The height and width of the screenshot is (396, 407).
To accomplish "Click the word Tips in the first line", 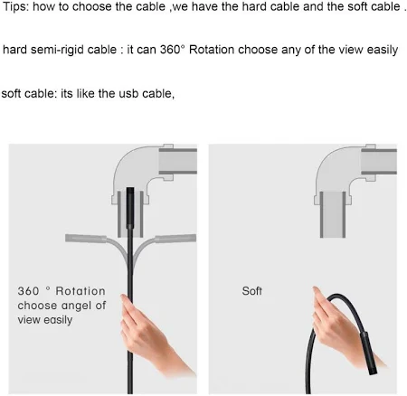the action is coord(15,7).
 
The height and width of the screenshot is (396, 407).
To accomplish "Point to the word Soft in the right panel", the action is coord(251,291).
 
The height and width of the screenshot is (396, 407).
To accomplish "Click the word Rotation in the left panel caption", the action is coord(80,291).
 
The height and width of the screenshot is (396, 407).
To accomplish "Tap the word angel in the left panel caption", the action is coord(76,306).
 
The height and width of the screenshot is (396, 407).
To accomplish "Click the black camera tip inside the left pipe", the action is coord(130,208).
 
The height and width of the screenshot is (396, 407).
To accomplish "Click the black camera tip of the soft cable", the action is coord(370,353).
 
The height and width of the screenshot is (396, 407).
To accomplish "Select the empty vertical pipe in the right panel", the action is coord(333,214).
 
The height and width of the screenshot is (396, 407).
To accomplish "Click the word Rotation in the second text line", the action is coord(212,50).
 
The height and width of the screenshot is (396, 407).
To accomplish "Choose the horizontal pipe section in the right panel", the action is coord(379,162).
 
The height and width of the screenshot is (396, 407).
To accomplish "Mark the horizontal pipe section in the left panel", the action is coord(178,161).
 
